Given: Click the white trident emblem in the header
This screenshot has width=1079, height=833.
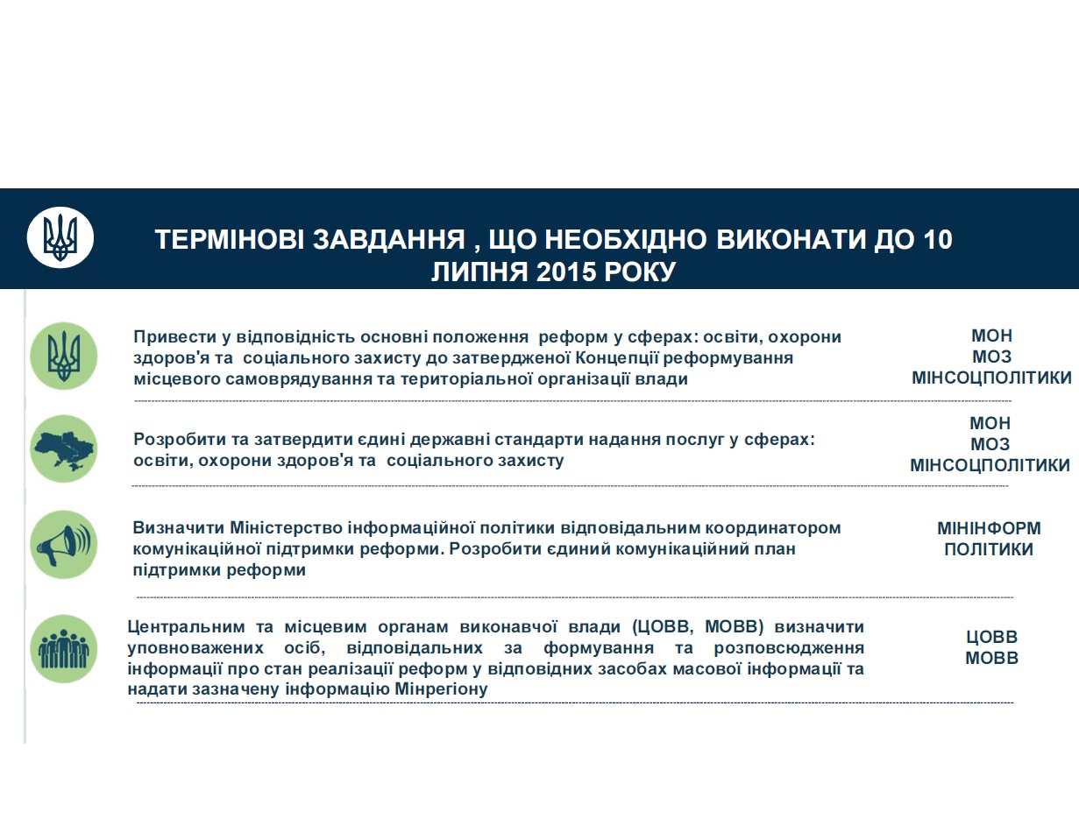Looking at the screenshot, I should coord(60,237).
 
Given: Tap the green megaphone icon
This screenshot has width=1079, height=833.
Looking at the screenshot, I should coord(63,545).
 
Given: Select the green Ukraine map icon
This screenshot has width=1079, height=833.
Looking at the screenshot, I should coord(63,449).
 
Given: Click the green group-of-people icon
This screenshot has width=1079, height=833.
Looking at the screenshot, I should coord(63,648).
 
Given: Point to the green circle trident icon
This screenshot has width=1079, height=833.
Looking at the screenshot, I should coord(63,356).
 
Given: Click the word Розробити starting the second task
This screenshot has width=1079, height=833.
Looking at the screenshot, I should coord(174,440).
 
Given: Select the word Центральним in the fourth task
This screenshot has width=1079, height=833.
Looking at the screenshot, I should coord(182,627).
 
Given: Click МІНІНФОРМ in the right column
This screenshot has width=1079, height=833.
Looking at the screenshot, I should coord(989,528).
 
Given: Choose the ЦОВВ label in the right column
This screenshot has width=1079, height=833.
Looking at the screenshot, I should coord(991,637).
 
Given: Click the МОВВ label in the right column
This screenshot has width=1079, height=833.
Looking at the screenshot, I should coord(991,658).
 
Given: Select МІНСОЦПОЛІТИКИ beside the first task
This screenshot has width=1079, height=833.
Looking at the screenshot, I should coord(991,378).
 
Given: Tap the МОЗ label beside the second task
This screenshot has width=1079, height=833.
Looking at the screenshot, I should coord(990,444).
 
